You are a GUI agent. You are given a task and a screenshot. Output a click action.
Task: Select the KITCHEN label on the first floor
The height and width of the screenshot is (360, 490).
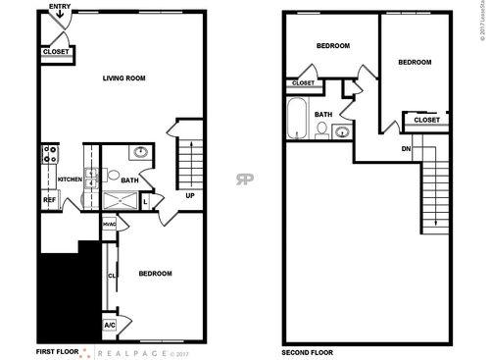(x=69, y=180)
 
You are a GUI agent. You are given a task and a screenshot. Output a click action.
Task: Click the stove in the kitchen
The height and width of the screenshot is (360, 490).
(x=49, y=155)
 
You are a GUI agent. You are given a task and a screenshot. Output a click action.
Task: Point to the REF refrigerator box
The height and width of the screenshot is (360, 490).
(x=48, y=200)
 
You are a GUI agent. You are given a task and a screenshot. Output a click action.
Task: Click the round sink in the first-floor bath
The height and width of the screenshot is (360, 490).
(x=141, y=152)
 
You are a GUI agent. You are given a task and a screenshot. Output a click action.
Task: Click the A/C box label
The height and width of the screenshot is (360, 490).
(x=109, y=325)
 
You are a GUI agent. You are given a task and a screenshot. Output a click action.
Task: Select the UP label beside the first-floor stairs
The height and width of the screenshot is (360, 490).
(x=189, y=194)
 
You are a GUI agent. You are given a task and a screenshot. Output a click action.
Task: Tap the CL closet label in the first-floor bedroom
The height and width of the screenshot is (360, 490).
(x=112, y=277)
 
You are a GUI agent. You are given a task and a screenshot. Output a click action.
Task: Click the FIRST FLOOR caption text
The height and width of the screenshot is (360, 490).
(x=58, y=350)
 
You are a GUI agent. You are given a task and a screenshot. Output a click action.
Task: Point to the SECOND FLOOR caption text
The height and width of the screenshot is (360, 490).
(x=307, y=350)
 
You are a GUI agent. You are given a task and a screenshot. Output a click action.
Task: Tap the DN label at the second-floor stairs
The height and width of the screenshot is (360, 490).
(x=406, y=148)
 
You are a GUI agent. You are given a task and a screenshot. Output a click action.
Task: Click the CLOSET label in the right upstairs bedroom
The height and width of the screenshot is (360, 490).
(x=426, y=120)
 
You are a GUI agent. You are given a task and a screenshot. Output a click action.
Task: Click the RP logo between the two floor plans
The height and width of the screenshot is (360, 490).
(x=243, y=179)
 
